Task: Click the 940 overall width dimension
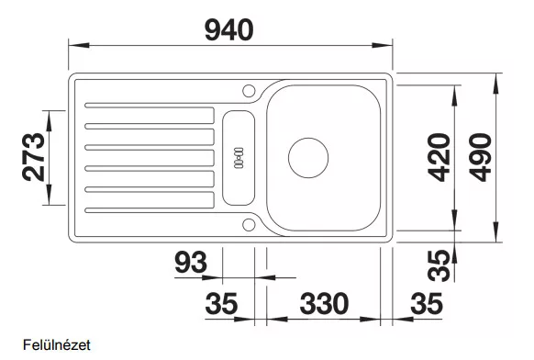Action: click(228, 30)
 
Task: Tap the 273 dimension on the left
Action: click(33, 157)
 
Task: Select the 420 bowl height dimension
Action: click(439, 157)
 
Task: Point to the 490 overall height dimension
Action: click(480, 157)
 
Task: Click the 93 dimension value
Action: click(191, 262)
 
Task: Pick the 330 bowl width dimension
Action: click(324, 303)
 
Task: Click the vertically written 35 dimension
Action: click(439, 266)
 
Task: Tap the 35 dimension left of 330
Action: click(221, 303)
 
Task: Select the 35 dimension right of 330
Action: click(427, 303)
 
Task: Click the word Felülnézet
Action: click(57, 345)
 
